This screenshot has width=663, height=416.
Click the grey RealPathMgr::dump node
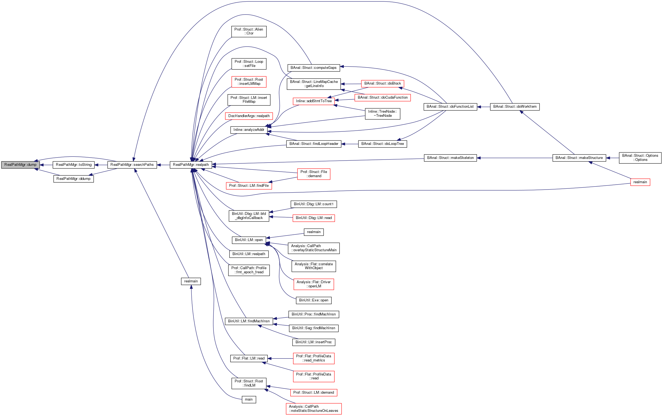[20, 165]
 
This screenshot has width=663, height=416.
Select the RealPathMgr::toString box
[74, 165]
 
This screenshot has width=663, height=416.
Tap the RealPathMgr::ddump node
[74, 179]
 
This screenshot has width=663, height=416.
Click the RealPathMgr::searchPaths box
[132, 165]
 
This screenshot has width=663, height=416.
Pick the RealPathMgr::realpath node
[191, 165]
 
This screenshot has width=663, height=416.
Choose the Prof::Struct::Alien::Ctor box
[249, 31]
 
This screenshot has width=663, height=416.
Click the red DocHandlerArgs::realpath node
[249, 116]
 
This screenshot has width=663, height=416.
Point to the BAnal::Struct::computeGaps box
[313, 68]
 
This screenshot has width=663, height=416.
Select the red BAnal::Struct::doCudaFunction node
[383, 98]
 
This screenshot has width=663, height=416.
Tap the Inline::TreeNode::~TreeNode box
[382, 114]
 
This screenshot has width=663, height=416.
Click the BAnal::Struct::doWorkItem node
[515, 107]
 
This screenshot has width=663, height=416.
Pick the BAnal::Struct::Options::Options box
[640, 158]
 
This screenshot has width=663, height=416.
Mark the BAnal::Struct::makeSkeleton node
[450, 158]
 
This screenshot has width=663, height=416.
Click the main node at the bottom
[249, 399]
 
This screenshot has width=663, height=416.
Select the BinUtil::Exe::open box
[313, 300]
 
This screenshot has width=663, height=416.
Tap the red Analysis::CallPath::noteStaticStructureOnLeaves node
[313, 409]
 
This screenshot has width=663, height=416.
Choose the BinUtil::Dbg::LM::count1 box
[313, 204]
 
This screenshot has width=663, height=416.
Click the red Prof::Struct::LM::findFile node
[249, 186]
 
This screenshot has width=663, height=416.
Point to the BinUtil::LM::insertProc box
[313, 342]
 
